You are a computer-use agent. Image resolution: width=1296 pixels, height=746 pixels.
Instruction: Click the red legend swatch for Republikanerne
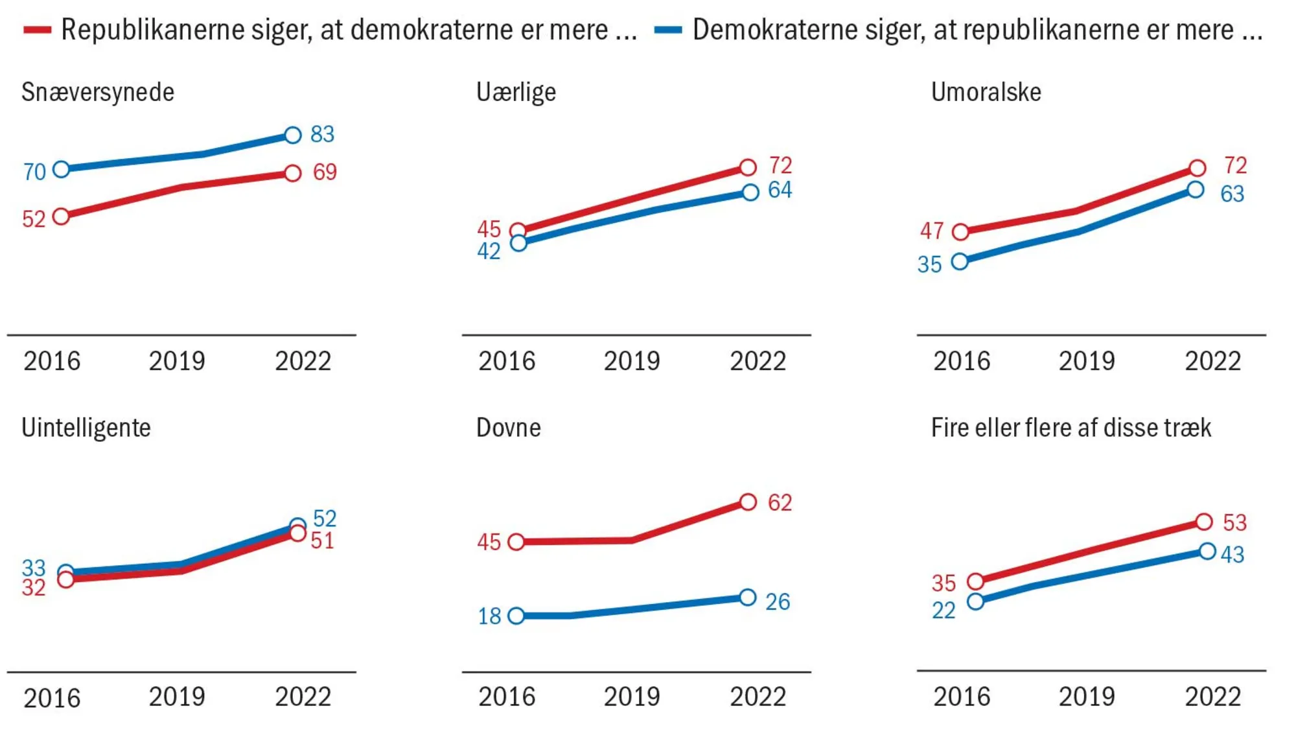[x=37, y=30]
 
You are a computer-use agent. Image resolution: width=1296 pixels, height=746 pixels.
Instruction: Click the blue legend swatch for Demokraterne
[x=668, y=30]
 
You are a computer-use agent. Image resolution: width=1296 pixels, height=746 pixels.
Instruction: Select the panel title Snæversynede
[x=98, y=92]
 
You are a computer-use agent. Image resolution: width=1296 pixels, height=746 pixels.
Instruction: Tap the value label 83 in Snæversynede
[x=322, y=134]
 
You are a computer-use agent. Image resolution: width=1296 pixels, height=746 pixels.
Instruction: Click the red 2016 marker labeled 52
[x=61, y=216]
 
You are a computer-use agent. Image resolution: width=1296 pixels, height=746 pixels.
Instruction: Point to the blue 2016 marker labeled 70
[x=61, y=169]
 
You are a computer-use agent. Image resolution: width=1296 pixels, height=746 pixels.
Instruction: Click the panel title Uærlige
[x=516, y=92]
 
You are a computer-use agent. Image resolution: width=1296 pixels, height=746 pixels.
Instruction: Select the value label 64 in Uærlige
[x=780, y=190]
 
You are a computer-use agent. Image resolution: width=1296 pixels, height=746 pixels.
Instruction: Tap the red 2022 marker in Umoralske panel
[x=1197, y=168]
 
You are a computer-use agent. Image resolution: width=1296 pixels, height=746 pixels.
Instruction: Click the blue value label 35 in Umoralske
[x=929, y=264]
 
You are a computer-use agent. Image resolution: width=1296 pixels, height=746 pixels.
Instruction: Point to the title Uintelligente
[x=86, y=428]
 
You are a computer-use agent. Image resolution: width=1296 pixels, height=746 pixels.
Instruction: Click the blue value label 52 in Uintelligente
[x=325, y=518]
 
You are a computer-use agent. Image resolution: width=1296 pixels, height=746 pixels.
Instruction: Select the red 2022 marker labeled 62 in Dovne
[x=748, y=502]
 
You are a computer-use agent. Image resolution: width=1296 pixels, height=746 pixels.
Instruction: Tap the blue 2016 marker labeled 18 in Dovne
[x=516, y=616]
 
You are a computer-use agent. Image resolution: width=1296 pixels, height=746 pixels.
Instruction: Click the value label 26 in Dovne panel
[x=778, y=601]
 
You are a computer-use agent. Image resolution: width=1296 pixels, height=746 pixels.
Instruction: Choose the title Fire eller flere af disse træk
[x=1070, y=428]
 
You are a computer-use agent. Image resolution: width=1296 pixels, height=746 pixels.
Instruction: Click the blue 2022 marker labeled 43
[x=1207, y=552]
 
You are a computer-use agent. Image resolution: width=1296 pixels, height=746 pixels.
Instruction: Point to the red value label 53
[x=1234, y=522]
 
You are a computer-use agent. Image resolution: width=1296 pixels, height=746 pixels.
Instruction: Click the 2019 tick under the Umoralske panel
[x=1087, y=361]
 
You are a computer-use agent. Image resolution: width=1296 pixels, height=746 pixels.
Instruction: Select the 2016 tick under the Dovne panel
[x=507, y=697]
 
